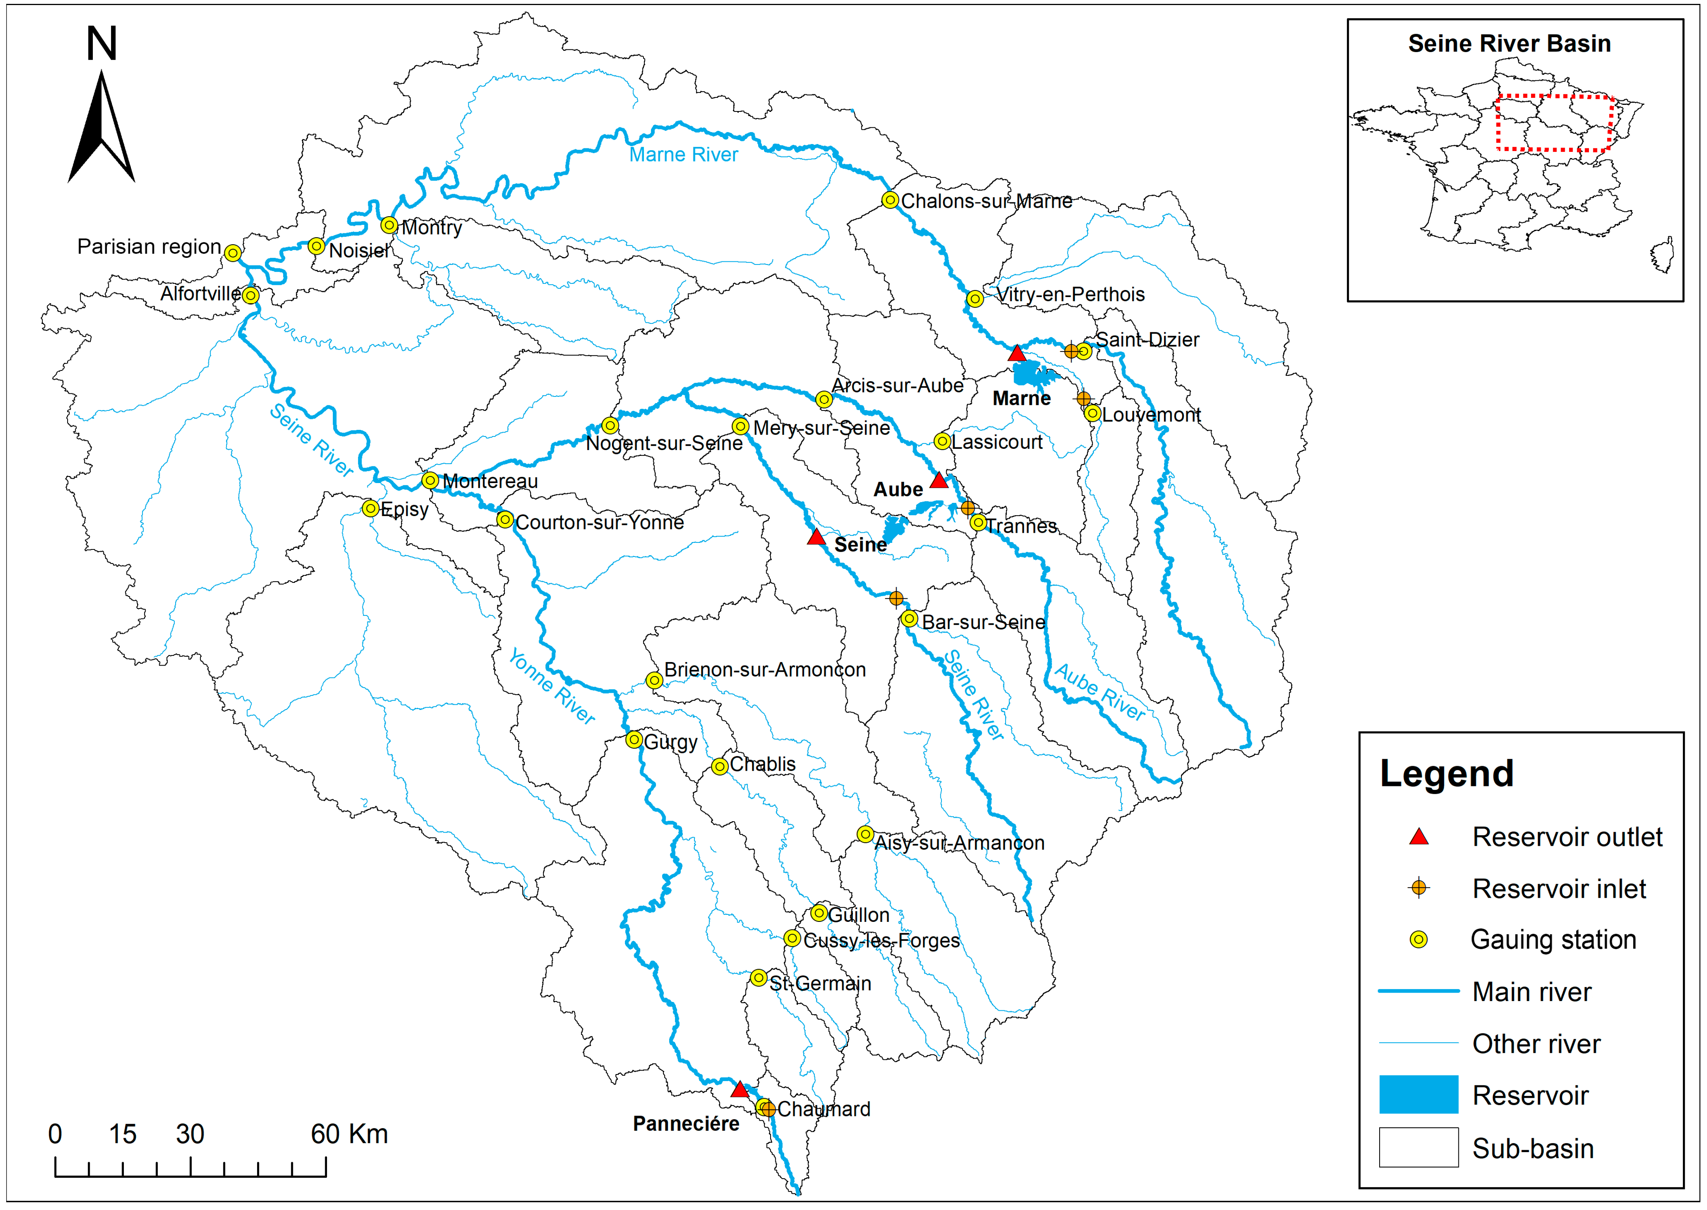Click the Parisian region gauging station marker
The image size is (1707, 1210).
click(x=233, y=252)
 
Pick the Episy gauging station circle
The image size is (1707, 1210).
click(x=370, y=508)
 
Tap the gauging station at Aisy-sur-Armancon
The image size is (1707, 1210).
click(x=864, y=834)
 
